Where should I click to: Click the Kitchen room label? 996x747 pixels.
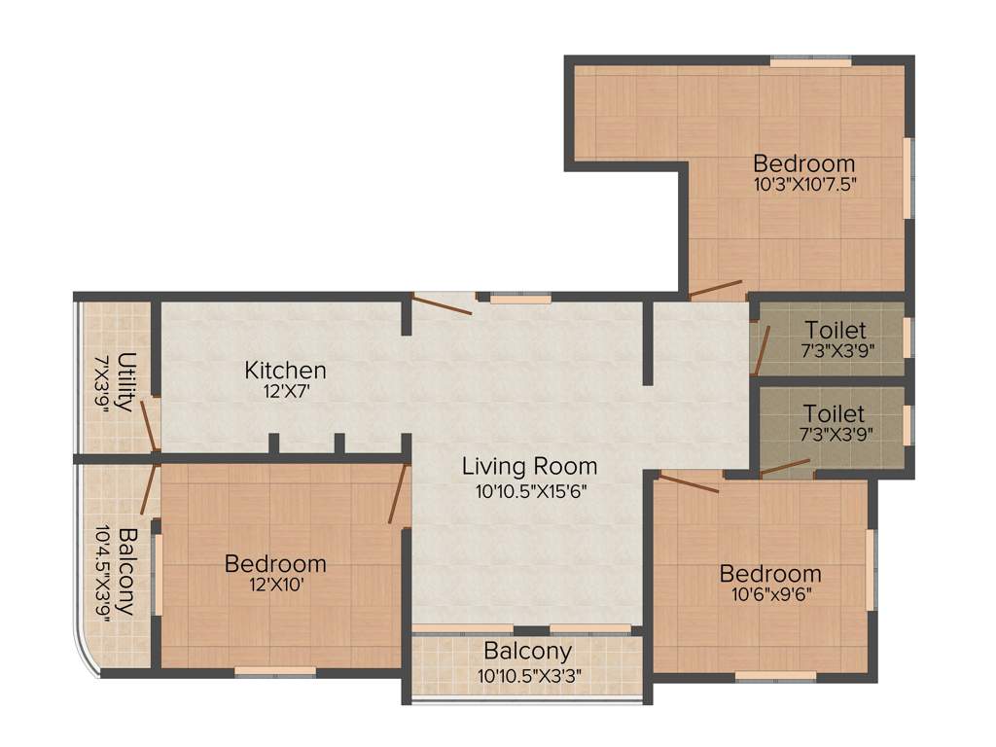tap(285, 371)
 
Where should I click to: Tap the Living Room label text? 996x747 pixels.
tap(529, 466)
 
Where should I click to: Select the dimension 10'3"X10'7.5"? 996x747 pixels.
tap(804, 183)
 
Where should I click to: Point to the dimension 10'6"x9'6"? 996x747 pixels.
tap(769, 593)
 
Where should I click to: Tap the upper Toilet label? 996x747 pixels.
tap(835, 331)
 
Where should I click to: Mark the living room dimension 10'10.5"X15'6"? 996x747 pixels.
tap(531, 490)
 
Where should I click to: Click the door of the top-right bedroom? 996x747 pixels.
tap(716, 289)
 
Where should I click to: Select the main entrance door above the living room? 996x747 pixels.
tap(443, 304)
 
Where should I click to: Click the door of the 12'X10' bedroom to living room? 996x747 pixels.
tap(397, 494)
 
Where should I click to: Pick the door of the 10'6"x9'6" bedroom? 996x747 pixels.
tap(689, 482)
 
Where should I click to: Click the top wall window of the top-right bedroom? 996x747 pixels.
tap(812, 62)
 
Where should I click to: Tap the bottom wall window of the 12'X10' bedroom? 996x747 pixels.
tap(275, 670)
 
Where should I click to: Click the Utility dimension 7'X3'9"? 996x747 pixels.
tap(100, 382)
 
